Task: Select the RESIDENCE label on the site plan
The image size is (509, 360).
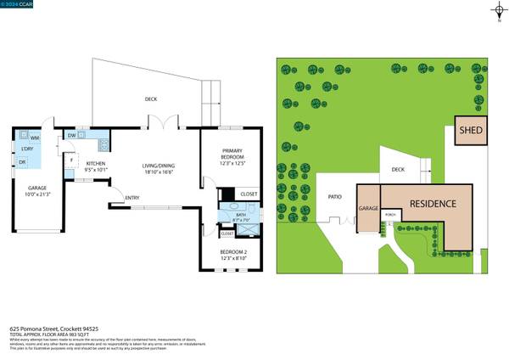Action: click(433, 205)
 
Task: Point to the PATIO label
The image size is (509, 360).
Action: click(334, 198)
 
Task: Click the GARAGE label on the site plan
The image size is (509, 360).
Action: click(367, 208)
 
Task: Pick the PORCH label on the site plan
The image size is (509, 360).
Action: click(390, 215)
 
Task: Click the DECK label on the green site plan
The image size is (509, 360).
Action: click(398, 169)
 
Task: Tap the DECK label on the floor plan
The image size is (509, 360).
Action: click(150, 99)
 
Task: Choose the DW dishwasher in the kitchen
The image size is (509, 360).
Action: click(72, 135)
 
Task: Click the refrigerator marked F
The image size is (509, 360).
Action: click(73, 160)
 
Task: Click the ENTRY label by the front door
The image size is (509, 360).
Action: click(131, 199)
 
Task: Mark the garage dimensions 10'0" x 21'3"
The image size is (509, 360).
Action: click(36, 193)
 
